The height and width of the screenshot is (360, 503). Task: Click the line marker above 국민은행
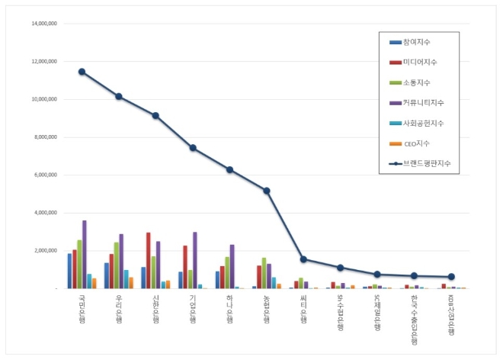82,72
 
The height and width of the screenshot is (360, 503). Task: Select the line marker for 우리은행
119,97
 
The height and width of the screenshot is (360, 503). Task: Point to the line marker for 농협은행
267,191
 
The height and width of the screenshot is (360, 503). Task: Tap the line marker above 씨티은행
303,259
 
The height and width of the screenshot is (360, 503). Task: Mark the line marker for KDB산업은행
451,277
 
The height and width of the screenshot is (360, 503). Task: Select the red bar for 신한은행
148,260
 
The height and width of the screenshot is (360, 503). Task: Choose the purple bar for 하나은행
232,266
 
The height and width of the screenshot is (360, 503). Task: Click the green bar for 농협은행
264,273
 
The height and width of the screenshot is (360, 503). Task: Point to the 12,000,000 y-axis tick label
44,61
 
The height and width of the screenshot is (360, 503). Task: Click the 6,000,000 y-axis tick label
46,175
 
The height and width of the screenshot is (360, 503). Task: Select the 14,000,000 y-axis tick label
44,24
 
